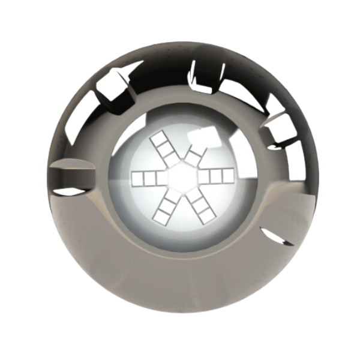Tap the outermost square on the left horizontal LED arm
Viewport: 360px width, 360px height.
pos(136,178)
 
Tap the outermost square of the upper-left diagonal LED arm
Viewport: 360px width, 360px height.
pos(158,140)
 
